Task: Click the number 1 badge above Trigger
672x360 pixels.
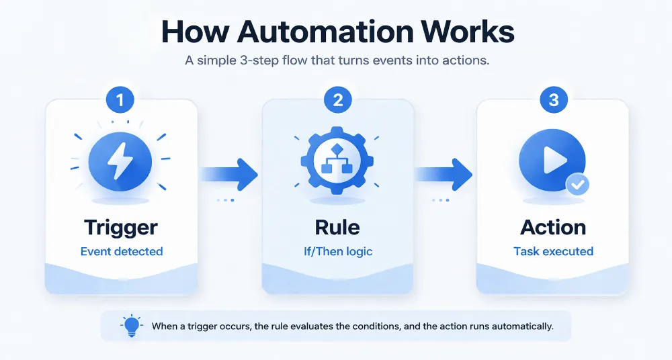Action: (120, 101)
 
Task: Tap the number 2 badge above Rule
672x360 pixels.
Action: (338, 101)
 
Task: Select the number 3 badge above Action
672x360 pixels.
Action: (553, 101)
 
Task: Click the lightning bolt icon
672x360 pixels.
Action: (120, 162)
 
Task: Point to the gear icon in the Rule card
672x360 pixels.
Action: (338, 162)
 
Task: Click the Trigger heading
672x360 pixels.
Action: (122, 227)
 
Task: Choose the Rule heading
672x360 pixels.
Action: (337, 227)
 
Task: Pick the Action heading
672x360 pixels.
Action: (553, 227)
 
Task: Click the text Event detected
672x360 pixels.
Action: (122, 252)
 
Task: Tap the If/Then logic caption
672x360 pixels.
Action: (337, 252)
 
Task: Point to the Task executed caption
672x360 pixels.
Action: (553, 252)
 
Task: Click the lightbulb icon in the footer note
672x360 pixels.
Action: (131, 325)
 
